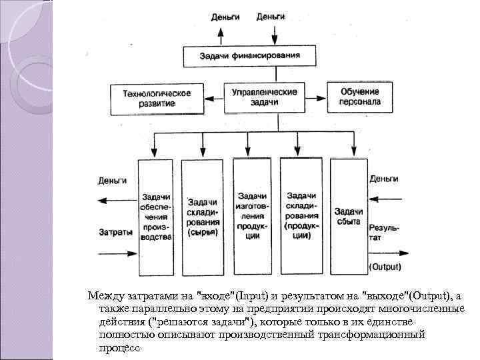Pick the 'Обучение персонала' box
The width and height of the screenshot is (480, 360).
(x=360, y=97)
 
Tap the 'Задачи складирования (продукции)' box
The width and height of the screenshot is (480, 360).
(x=301, y=215)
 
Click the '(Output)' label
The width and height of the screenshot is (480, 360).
(x=385, y=267)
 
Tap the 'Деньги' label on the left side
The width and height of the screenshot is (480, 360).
(x=113, y=180)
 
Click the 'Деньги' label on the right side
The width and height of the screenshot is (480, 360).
(x=383, y=179)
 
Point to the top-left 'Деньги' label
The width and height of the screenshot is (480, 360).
(x=225, y=17)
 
